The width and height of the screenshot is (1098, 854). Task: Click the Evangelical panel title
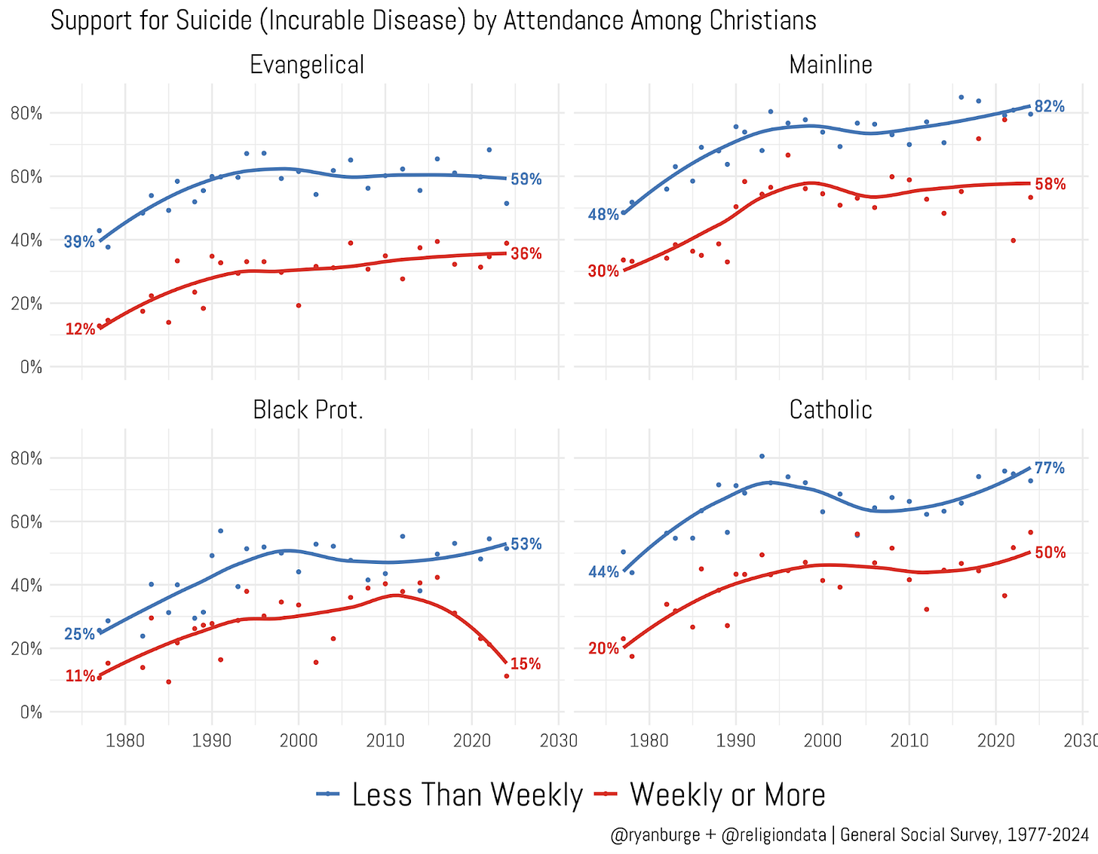coord(307,65)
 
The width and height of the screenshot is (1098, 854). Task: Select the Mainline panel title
coord(830,65)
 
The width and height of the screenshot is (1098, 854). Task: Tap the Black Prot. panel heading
coord(308,410)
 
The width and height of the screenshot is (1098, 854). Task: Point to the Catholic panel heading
coord(830,410)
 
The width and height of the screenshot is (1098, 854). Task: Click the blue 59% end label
coord(526,179)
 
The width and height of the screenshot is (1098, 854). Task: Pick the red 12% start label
coord(80,329)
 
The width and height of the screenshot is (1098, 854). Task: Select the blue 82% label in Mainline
coord(1050,107)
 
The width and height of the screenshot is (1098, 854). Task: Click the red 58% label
coord(1050,184)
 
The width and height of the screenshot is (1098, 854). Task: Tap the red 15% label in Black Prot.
coord(526,664)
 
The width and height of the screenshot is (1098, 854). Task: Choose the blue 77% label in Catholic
coord(1050,469)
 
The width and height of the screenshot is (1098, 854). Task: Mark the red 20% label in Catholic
coord(603,648)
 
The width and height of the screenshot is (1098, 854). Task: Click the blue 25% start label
coord(79,634)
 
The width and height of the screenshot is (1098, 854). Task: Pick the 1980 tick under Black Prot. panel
coord(125,739)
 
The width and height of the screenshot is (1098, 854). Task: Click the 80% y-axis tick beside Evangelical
coord(27,113)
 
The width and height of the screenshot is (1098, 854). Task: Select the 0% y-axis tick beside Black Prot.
coord(31,712)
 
